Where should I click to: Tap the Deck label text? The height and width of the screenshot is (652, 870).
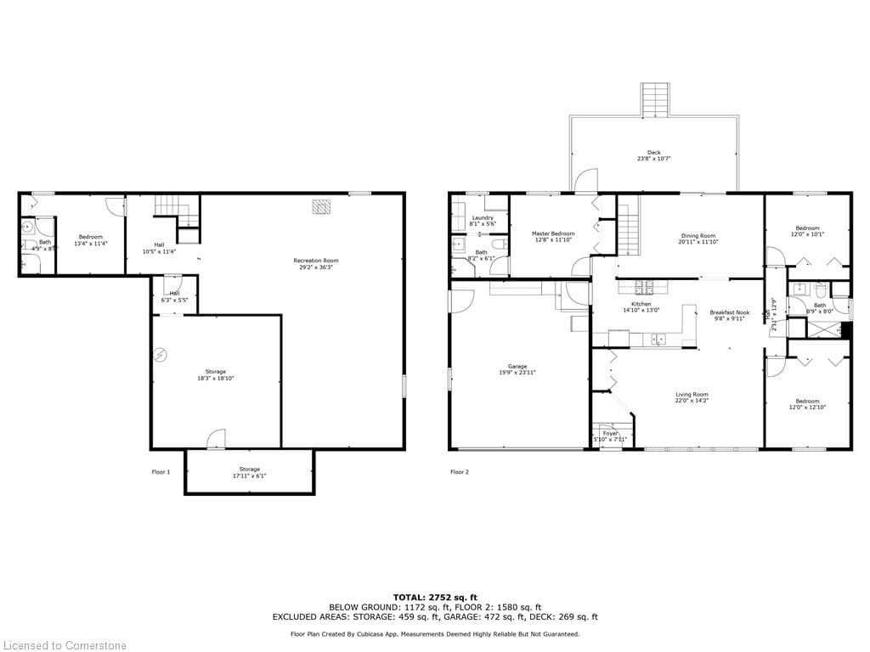click(x=653, y=153)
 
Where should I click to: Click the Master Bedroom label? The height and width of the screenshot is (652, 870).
click(x=553, y=233)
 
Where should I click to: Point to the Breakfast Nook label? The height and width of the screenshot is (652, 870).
click(x=730, y=312)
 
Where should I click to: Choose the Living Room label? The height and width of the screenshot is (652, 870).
click(x=692, y=394)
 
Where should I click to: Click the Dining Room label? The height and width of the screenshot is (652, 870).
click(x=698, y=236)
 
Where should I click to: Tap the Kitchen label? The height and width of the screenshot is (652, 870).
click(x=641, y=304)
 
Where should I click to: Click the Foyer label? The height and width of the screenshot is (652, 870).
click(x=610, y=433)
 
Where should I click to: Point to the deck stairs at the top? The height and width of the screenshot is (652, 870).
click(x=654, y=99)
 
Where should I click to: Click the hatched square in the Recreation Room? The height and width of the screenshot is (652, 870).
click(x=321, y=207)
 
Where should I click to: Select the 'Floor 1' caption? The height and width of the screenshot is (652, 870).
click(x=161, y=471)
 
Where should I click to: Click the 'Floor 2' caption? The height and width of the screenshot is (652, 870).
click(x=459, y=471)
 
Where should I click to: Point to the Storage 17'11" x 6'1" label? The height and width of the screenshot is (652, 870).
click(x=249, y=469)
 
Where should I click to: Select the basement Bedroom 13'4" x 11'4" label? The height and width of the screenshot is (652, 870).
click(x=91, y=237)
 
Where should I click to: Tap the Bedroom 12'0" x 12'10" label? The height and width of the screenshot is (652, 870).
click(x=807, y=401)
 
